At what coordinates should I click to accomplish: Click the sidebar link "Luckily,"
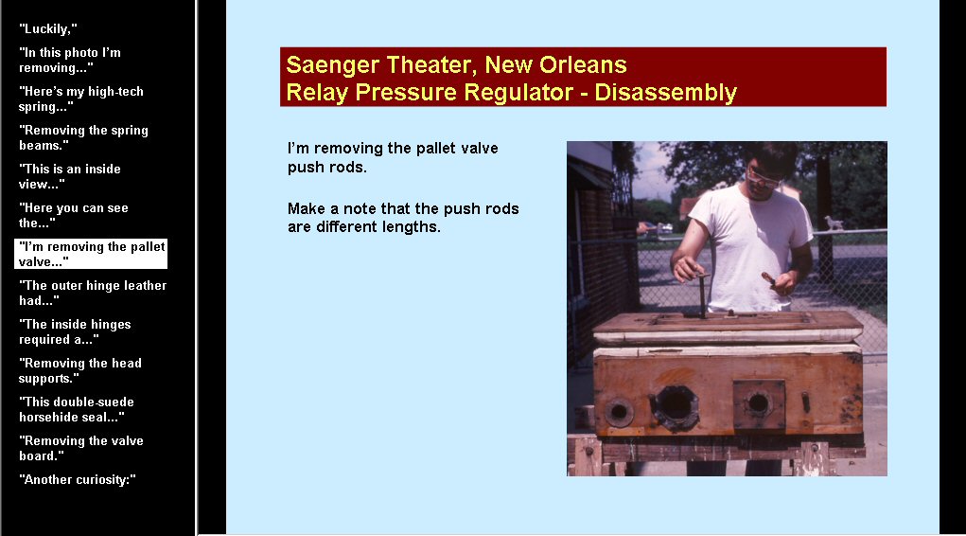[x=48, y=29]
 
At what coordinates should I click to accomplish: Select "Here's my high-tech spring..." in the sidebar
[x=80, y=98]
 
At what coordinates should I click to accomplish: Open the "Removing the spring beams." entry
[x=83, y=137]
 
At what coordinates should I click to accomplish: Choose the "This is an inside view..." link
[x=70, y=176]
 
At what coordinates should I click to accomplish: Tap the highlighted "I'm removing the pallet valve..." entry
[x=91, y=254]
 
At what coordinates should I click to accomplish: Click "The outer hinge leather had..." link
[x=93, y=293]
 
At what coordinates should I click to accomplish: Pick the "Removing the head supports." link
[x=80, y=370]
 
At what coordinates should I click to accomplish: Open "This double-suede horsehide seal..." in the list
[x=77, y=409]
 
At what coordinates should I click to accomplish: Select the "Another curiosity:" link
[x=77, y=480]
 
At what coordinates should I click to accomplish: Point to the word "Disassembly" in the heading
[x=665, y=93]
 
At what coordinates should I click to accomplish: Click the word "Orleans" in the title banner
[x=583, y=64]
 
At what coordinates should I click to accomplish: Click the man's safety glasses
[x=764, y=178]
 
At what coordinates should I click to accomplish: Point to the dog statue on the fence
[x=834, y=223]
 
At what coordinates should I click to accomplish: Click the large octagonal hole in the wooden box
[x=676, y=406]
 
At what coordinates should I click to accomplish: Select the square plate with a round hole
[x=759, y=404]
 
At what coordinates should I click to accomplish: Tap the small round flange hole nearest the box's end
[x=619, y=411]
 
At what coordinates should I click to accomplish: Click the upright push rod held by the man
[x=701, y=295]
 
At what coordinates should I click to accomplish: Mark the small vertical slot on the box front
[x=805, y=402]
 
